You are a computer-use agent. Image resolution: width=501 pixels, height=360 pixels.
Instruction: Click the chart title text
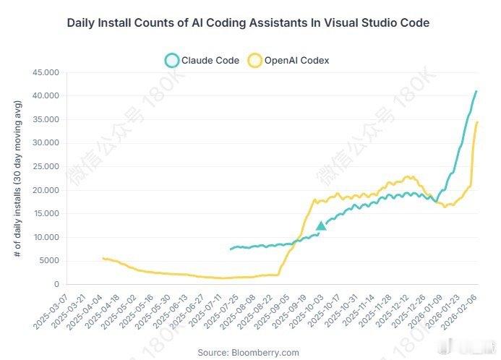pyautogui.click(x=248, y=23)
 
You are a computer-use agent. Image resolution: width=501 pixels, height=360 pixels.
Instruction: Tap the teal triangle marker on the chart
pyautogui.click(x=321, y=226)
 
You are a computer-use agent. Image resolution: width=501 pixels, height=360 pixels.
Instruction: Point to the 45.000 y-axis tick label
pyautogui.click(x=45, y=72)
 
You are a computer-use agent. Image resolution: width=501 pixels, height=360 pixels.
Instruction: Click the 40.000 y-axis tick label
pyautogui.click(x=45, y=96)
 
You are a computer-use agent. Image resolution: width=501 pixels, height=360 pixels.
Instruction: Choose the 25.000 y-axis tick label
pyautogui.click(x=45, y=167)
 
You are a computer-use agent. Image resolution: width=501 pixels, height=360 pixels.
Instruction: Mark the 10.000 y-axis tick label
pyautogui.click(x=45, y=238)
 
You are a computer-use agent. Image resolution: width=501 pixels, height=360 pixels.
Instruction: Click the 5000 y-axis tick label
pyautogui.click(x=47, y=261)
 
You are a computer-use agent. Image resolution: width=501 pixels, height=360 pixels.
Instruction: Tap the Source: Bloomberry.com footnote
pyautogui.click(x=248, y=352)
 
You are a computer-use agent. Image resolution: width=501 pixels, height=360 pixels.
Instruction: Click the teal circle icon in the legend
pyautogui.click(x=171, y=61)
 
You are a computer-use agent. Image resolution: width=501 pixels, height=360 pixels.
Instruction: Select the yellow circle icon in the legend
pyautogui.click(x=254, y=61)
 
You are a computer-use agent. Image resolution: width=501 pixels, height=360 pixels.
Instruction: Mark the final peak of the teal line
pyautogui.click(x=476, y=91)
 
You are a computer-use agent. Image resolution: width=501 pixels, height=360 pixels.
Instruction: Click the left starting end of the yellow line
pyautogui.click(x=103, y=258)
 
